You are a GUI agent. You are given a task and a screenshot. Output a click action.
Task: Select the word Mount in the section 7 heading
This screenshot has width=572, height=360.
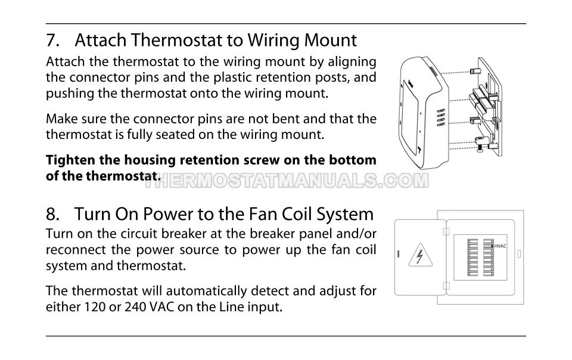330,40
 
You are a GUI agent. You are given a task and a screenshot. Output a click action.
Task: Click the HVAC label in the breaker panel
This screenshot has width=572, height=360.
500,246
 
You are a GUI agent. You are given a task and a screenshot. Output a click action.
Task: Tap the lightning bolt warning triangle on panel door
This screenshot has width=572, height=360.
420,255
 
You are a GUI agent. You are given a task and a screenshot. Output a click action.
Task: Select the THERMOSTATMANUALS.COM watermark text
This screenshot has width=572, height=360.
287,181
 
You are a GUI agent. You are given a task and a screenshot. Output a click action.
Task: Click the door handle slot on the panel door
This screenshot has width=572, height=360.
399,254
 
